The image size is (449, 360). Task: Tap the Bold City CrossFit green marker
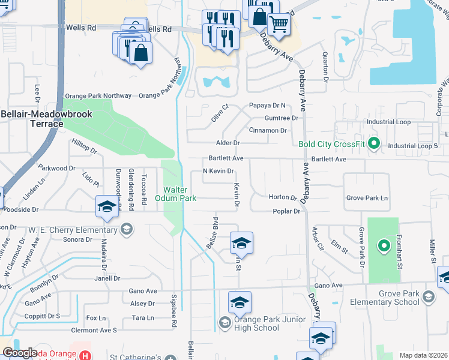[374, 143]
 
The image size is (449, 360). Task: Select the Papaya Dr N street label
[267, 106]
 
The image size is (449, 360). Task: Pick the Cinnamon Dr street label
[268, 130]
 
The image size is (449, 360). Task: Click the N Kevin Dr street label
[217, 172]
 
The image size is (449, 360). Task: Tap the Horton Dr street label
[283, 197]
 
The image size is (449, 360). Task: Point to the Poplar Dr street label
[286, 211]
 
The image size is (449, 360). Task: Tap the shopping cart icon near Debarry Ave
[279, 25]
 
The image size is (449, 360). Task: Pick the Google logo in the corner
[20, 353]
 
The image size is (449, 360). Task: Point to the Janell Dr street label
[107, 278]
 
